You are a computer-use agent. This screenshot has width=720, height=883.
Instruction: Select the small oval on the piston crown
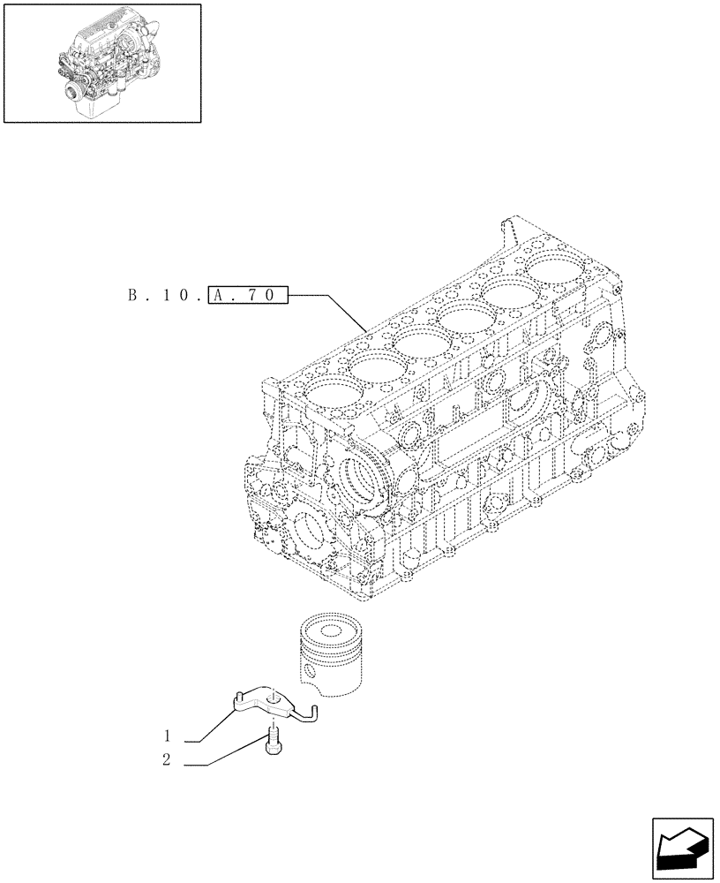tap(332, 632)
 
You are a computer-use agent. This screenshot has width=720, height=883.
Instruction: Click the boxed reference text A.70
tap(249, 294)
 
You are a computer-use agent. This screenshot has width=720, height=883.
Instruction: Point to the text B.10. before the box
tap(164, 294)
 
